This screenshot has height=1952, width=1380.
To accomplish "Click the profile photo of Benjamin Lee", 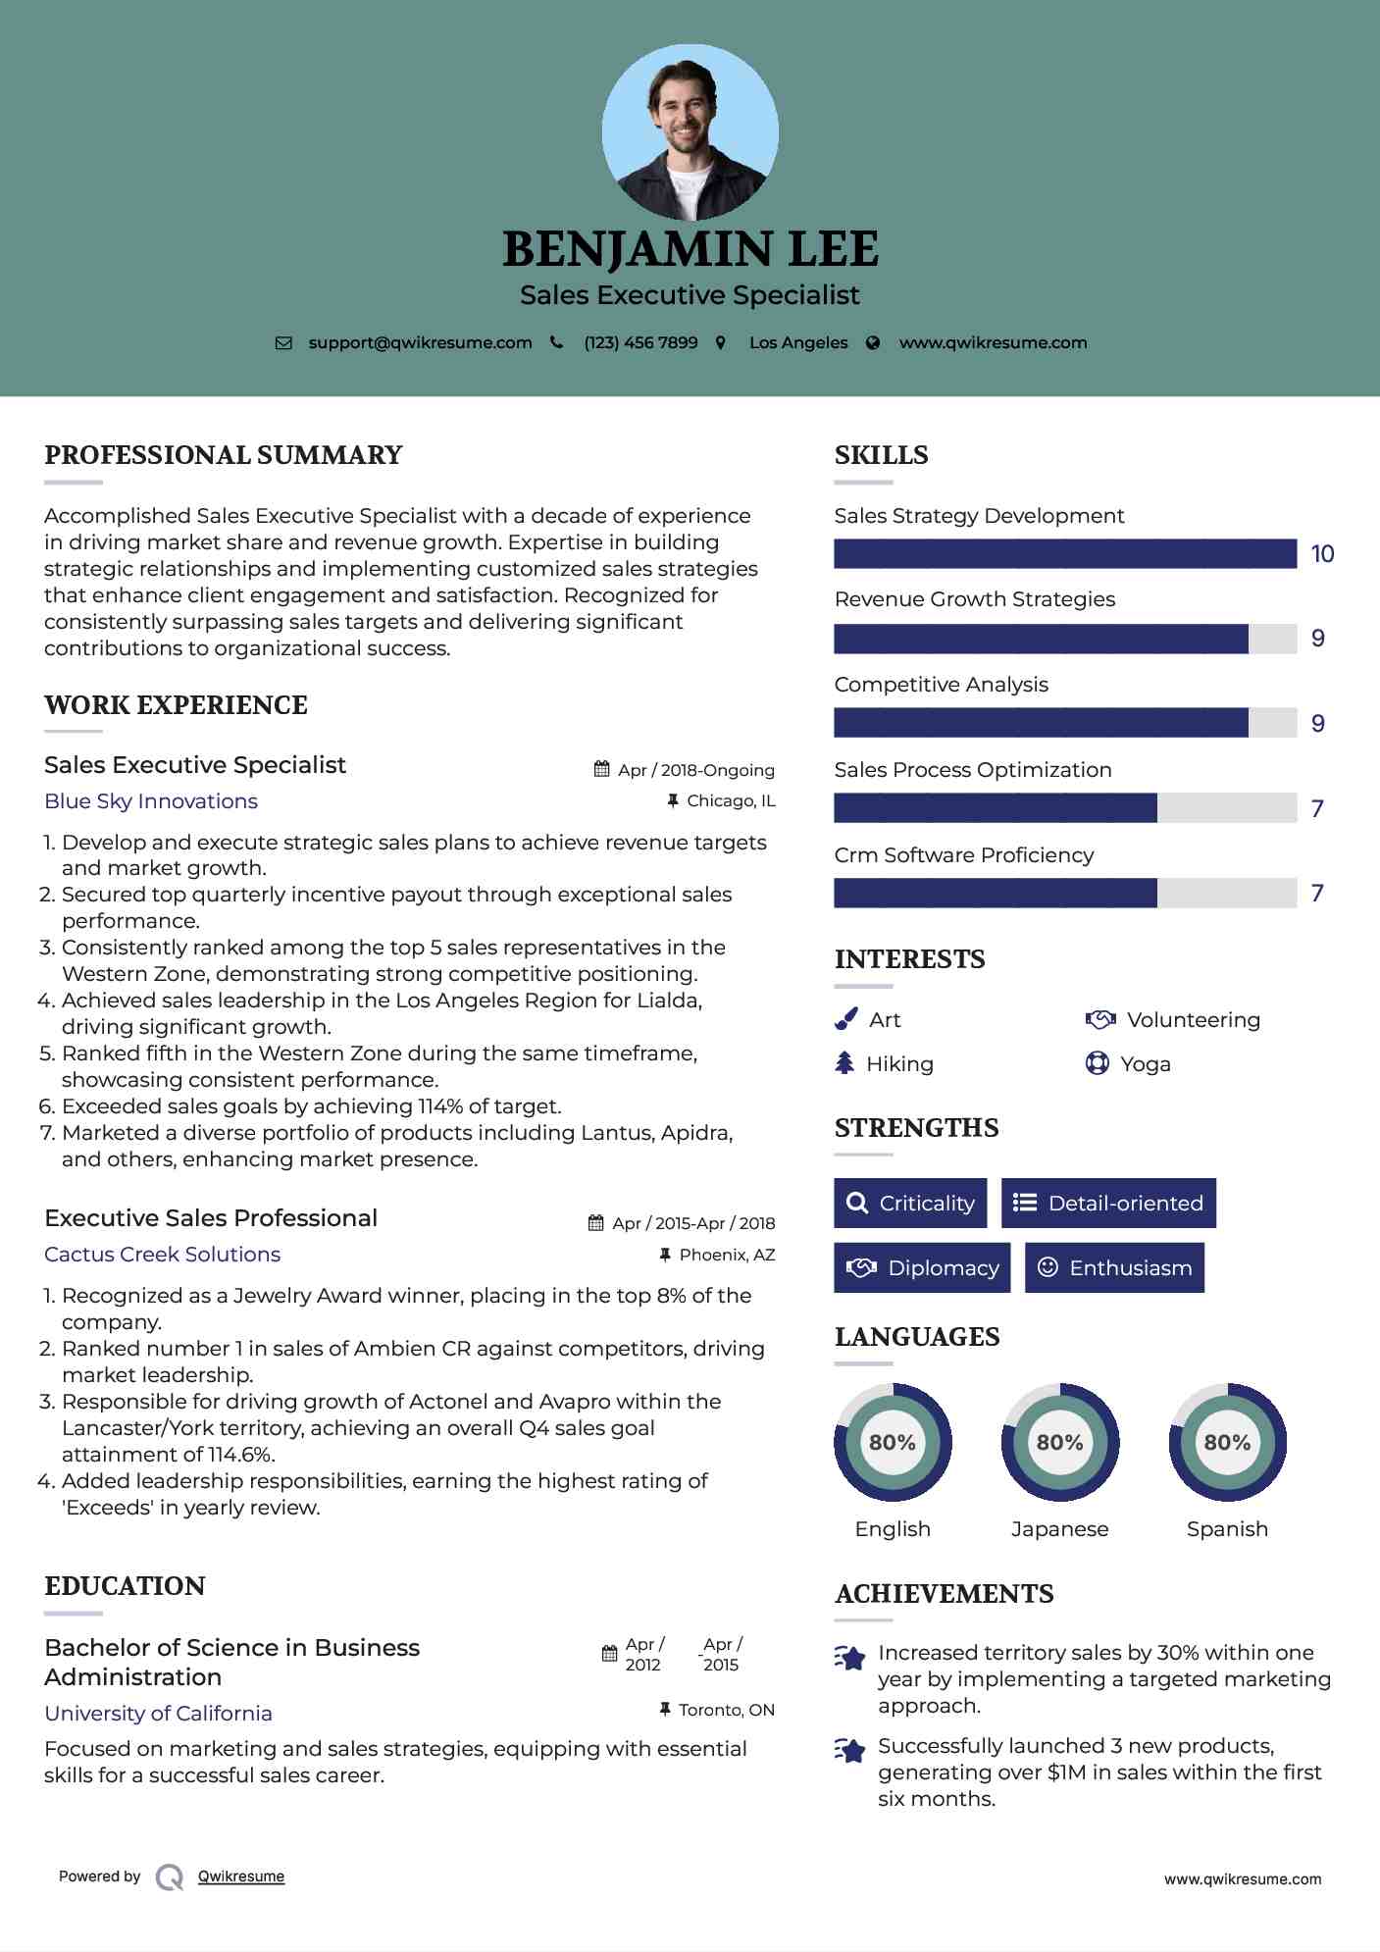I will pos(690,131).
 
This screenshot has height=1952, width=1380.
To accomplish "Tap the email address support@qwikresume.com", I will pos(420,342).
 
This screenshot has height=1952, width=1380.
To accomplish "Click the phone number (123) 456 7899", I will pos(640,342).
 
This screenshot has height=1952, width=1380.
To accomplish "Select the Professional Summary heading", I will pos(224,455).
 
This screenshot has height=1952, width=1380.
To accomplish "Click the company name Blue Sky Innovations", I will pos(151,801).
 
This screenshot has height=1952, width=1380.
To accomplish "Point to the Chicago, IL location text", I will pos(731,801).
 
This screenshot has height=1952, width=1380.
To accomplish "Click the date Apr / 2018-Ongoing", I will pos(695,770).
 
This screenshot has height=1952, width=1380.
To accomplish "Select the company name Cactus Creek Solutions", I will pos(162,1255).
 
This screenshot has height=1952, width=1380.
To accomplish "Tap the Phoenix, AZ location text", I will pos(727,1255).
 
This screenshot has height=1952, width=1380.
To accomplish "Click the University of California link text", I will pos(158,1714).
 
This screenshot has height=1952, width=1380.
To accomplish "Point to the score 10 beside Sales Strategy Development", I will pos(1322,554).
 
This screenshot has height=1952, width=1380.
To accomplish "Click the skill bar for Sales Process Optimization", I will pos(1064,808).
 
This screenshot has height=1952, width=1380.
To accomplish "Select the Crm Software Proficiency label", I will pos(963,855).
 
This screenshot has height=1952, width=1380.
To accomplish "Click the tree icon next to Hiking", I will pos(844,1063).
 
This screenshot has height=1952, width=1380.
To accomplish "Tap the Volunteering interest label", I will pos(1193,1020).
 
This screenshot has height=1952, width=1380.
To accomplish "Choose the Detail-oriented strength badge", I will pos(1108,1203).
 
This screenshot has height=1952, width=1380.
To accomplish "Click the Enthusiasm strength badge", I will pos(1114,1267).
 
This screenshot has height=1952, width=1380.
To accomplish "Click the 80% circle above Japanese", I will pos(1059,1442).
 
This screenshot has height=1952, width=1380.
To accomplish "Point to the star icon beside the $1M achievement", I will pos(850,1750).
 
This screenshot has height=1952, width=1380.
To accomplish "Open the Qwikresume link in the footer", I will pos(241,1876).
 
